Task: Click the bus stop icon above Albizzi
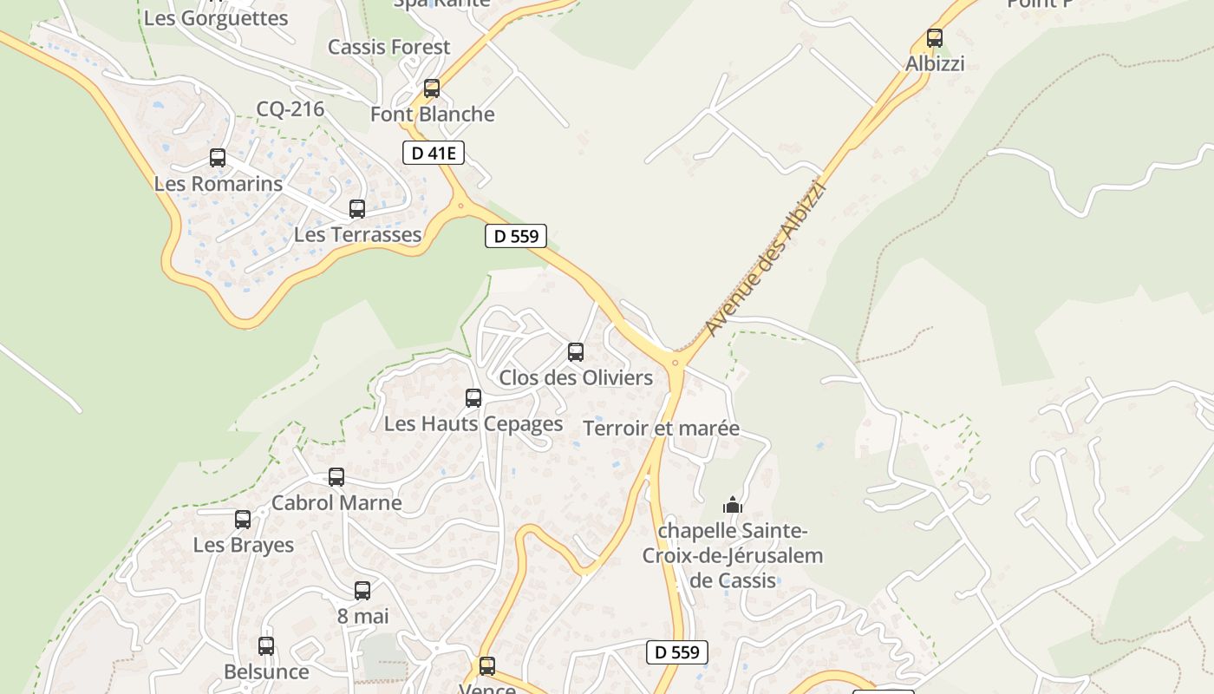tap(934, 38)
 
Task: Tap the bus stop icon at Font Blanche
tap(431, 88)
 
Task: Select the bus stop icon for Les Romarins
tap(217, 158)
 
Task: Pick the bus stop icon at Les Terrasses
tap(356, 209)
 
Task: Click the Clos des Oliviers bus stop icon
tap(575, 352)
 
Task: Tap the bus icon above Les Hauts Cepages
tap(473, 398)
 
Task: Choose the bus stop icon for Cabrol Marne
tap(336, 477)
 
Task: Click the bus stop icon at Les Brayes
tap(242, 520)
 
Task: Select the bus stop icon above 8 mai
tap(362, 591)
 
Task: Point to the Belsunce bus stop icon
tap(265, 646)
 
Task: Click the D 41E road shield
tap(434, 154)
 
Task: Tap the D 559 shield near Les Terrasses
tap(515, 236)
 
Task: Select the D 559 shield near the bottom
tap(676, 652)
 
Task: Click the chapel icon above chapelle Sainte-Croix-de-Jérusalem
tap(733, 504)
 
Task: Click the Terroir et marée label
tap(661, 429)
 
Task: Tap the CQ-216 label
tap(290, 109)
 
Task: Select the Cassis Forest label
tap(388, 47)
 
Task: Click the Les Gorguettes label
tap(215, 18)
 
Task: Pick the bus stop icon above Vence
tap(487, 666)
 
